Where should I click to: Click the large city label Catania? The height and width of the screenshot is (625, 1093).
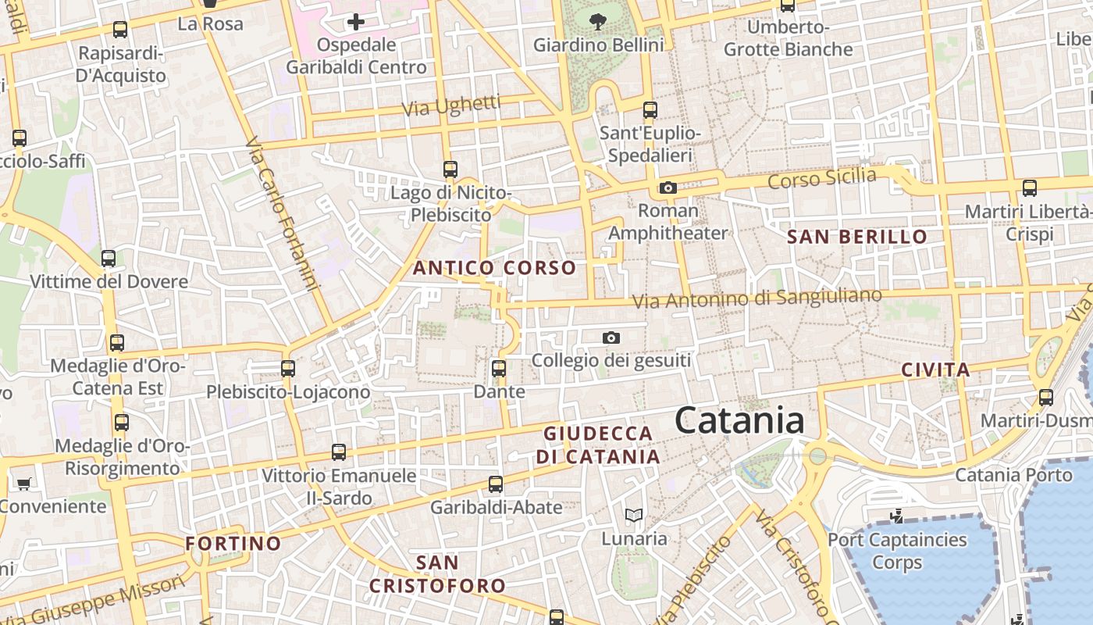pos(739,420)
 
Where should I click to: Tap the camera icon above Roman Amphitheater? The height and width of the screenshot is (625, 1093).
pos(668,187)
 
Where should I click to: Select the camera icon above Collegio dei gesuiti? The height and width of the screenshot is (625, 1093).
pos(611,337)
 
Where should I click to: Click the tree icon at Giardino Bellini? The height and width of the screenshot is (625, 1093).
pos(598,22)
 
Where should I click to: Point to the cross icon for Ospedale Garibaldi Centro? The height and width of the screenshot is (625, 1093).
pos(356,22)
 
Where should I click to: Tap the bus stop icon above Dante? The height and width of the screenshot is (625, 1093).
pos(499,368)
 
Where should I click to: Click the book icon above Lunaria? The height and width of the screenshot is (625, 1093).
pos(634,515)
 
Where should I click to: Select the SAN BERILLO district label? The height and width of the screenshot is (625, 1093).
pos(857,237)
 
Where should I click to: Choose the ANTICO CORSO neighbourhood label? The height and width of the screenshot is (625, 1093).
pos(494,268)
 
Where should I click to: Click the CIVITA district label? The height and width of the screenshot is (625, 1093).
pos(935,370)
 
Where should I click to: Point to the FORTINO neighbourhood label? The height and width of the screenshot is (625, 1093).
pos(233,543)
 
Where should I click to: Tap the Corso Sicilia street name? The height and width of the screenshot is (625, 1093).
pos(822,179)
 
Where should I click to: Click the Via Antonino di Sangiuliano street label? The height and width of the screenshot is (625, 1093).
pos(757,298)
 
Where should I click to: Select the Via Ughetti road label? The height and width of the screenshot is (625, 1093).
pos(452,105)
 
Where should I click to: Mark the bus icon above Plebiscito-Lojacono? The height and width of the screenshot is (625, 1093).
pos(288,368)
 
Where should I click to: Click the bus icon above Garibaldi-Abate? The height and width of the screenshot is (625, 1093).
pos(496,484)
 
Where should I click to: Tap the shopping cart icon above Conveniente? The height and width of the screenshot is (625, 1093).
pos(23,484)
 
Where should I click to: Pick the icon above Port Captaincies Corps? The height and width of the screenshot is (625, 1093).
pos(898,516)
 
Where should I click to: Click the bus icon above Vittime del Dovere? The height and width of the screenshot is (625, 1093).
pos(109,258)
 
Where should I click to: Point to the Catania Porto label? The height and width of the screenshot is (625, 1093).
pos(1014,474)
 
